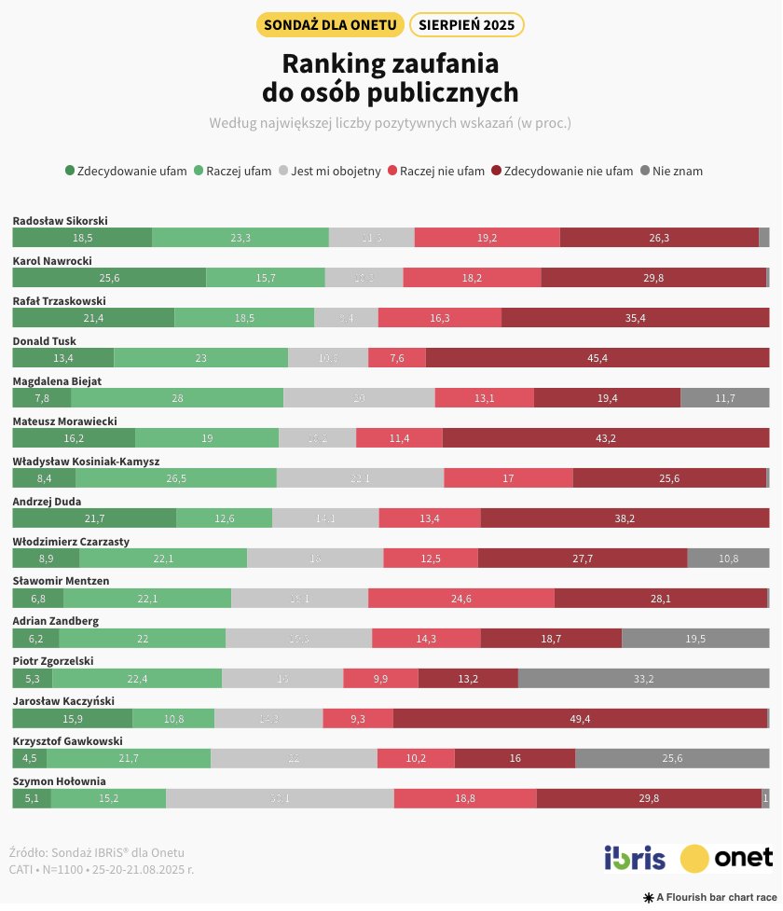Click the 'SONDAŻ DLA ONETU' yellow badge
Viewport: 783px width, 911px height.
pos(329,24)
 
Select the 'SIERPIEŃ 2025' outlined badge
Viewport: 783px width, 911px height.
pos(466,24)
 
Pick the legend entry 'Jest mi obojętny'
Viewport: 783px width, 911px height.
pos(330,171)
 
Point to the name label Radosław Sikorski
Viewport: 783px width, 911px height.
pos(60,221)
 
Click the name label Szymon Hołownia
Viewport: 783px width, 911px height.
pos(59,781)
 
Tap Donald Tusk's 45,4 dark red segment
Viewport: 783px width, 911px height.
pos(597,358)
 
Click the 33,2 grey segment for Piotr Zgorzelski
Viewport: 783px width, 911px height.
pos(643,678)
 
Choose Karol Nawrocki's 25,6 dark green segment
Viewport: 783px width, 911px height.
pos(109,278)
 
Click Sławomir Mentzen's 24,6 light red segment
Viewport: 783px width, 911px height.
pos(460,599)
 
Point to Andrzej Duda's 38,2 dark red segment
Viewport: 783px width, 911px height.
pos(625,518)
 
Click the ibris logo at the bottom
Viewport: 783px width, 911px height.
pos(635,857)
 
